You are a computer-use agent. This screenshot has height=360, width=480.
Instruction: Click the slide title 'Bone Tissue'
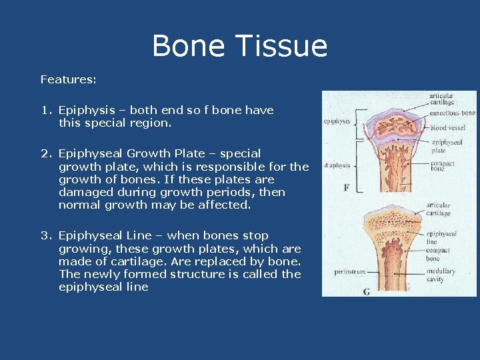click(x=239, y=47)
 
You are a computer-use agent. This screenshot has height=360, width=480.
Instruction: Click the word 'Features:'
click(x=68, y=79)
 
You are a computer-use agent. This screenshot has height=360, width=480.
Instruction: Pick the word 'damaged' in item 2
click(x=85, y=192)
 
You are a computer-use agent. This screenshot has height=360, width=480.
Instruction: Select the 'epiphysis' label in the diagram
click(x=337, y=121)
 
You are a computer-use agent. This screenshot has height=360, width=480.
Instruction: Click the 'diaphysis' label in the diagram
click(x=337, y=165)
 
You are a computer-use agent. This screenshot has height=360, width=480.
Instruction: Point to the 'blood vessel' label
click(x=447, y=127)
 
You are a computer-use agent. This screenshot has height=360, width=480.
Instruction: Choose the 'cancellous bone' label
click(x=452, y=113)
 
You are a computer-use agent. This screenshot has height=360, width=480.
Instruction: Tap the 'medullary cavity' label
click(x=441, y=275)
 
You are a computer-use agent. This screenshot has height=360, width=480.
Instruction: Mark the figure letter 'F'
click(x=347, y=188)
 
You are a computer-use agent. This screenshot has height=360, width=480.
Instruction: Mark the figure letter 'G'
click(x=366, y=291)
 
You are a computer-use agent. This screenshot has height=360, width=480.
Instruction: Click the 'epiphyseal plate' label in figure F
click(x=447, y=146)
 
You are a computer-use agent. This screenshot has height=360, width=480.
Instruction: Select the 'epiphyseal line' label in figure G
click(x=441, y=238)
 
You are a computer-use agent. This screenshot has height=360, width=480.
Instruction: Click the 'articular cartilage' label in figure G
click(x=438, y=209)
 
